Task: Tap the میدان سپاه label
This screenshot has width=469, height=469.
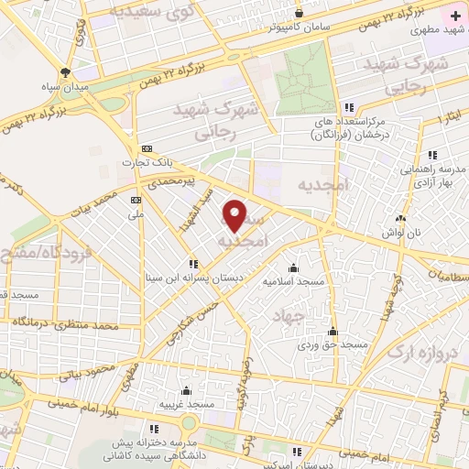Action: click(x=64, y=87)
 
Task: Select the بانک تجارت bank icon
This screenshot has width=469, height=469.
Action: click(x=146, y=148)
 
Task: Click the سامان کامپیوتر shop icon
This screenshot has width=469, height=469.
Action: click(x=300, y=13)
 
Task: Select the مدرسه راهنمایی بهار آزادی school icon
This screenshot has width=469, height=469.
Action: click(x=432, y=154)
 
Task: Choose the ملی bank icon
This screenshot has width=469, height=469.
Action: click(x=136, y=200)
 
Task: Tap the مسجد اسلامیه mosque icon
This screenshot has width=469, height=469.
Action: click(x=293, y=267)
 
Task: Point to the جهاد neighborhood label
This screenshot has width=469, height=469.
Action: click(x=287, y=316)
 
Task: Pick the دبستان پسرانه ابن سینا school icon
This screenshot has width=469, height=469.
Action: click(x=193, y=263)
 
